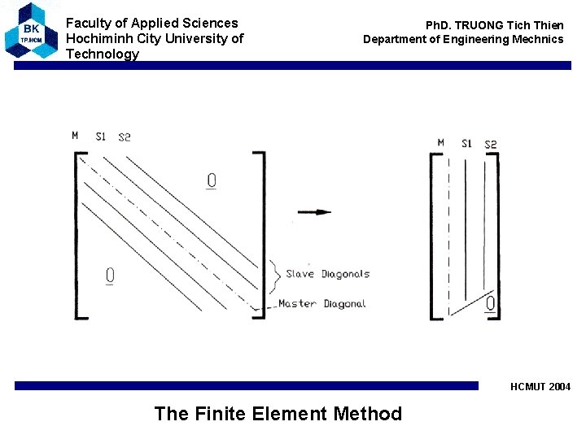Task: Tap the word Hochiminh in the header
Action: pyautogui.click(x=100, y=38)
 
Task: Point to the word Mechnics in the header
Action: pyautogui.click(x=534, y=39)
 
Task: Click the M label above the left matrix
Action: pyautogui.click(x=75, y=135)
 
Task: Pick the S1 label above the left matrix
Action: pyautogui.click(x=100, y=136)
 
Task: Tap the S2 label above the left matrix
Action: pyautogui.click(x=124, y=137)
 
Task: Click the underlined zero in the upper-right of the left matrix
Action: pyautogui.click(x=212, y=180)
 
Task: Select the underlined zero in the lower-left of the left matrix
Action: pyautogui.click(x=110, y=276)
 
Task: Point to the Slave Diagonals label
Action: pyautogui.click(x=327, y=274)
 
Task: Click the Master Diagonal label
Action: pyautogui.click(x=322, y=304)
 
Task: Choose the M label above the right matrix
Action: pyautogui.click(x=440, y=143)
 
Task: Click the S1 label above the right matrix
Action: pyautogui.click(x=466, y=144)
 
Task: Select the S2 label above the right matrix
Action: pyautogui.click(x=490, y=145)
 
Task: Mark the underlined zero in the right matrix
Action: pyautogui.click(x=490, y=304)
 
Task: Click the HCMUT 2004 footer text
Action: pyautogui.click(x=540, y=387)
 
